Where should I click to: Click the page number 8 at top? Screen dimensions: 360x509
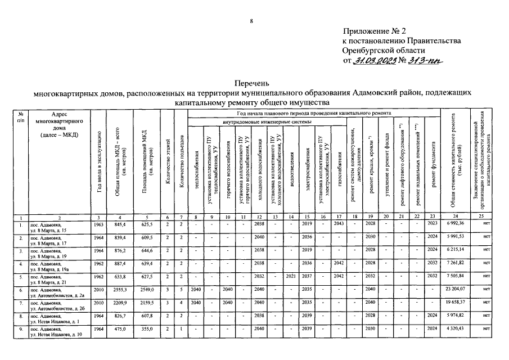click(x=251, y=21)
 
